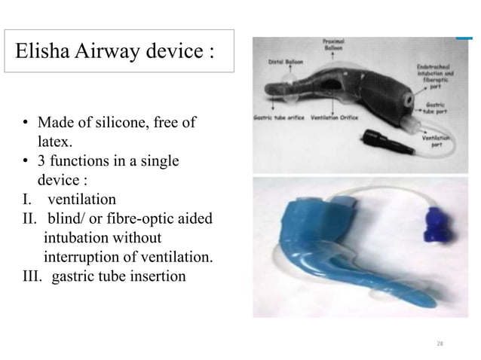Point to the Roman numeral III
tap(30, 276)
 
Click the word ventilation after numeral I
tap(81, 200)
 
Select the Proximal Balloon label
tap(333, 44)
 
